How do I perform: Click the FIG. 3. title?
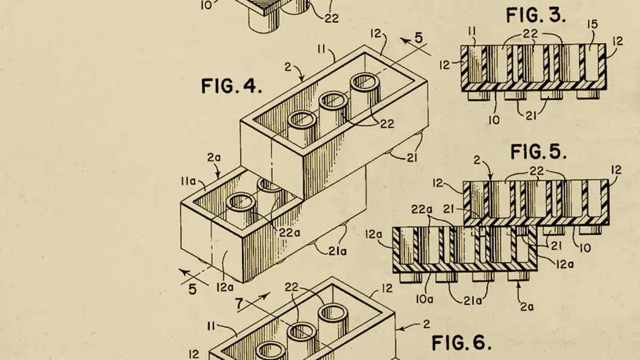(535, 15)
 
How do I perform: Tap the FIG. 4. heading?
(231, 86)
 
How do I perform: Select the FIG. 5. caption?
(538, 151)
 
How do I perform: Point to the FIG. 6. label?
(461, 342)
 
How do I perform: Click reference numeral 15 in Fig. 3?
(592, 25)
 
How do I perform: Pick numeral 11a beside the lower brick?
(188, 181)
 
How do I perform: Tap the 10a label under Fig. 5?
(425, 299)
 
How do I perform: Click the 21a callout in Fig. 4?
(338, 251)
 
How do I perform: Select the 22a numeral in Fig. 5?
(422, 210)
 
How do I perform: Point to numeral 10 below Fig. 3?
(494, 120)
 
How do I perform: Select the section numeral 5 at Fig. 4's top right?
(419, 38)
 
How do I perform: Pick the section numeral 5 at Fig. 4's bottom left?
(193, 290)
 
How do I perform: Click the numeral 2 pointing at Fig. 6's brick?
(426, 324)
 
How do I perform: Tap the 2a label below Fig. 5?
(527, 307)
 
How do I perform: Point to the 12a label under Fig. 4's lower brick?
(225, 287)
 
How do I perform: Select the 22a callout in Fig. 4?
(290, 233)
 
